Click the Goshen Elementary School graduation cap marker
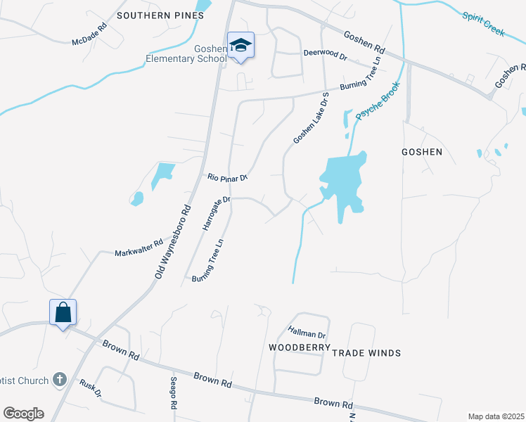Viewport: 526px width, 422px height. (240, 46)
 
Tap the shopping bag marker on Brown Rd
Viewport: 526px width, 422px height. (63, 312)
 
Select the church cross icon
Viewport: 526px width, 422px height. (60, 381)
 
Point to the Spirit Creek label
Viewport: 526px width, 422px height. (484, 24)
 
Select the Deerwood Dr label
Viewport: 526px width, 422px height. (326, 53)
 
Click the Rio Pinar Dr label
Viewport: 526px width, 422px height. (227, 177)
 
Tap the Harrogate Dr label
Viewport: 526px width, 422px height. (217, 214)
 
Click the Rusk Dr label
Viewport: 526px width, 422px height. (91, 389)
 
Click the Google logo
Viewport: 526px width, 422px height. (23, 414)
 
